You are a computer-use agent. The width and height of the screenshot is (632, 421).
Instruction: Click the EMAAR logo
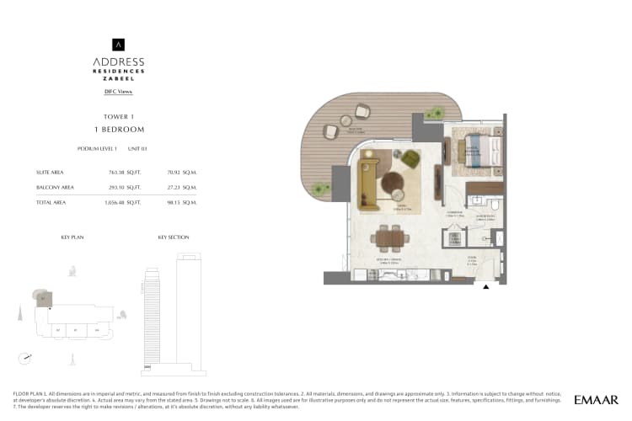[x=597, y=399]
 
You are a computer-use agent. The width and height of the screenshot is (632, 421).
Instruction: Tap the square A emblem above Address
[x=119, y=45]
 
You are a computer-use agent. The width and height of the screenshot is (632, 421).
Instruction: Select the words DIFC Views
[x=119, y=91]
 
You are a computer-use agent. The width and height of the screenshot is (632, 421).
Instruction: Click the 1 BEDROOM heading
[x=119, y=130]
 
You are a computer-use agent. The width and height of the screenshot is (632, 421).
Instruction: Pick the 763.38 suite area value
[x=116, y=172]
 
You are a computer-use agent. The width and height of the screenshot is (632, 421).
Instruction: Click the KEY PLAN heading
[x=72, y=237]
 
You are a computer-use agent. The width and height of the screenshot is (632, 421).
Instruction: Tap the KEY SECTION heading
[x=174, y=237]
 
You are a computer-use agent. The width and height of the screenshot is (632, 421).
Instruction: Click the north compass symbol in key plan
[x=29, y=357]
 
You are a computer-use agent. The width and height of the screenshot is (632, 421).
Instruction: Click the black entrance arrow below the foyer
[x=485, y=286]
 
